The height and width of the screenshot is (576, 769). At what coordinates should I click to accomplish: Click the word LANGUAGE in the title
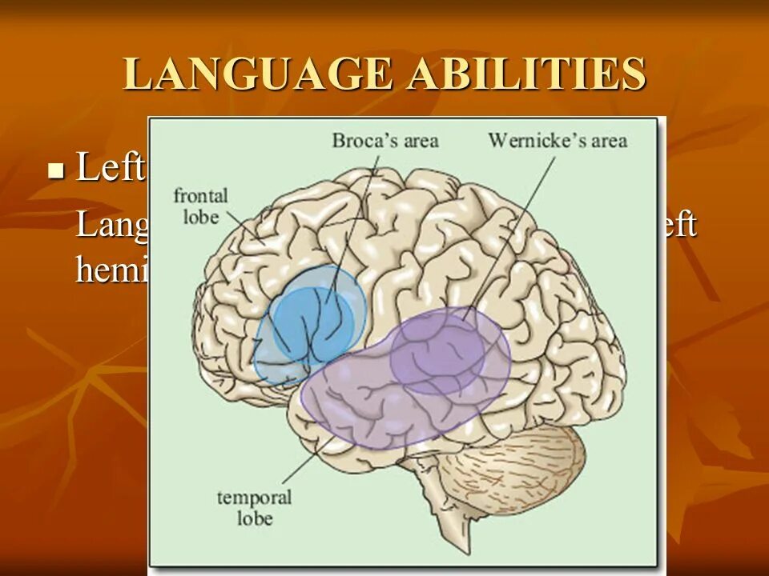(257, 74)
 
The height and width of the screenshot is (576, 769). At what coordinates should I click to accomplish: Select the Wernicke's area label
(558, 141)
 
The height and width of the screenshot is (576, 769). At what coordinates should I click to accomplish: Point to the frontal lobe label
(201, 205)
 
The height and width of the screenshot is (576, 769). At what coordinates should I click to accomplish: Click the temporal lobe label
(254, 507)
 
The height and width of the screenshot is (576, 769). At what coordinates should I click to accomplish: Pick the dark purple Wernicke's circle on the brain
(437, 352)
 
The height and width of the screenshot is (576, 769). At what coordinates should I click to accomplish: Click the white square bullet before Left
(55, 170)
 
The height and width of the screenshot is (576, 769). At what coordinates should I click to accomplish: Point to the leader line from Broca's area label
(352, 224)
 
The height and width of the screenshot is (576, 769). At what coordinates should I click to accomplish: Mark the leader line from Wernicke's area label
(513, 232)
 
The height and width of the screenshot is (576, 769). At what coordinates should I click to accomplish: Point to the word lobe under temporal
(254, 518)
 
